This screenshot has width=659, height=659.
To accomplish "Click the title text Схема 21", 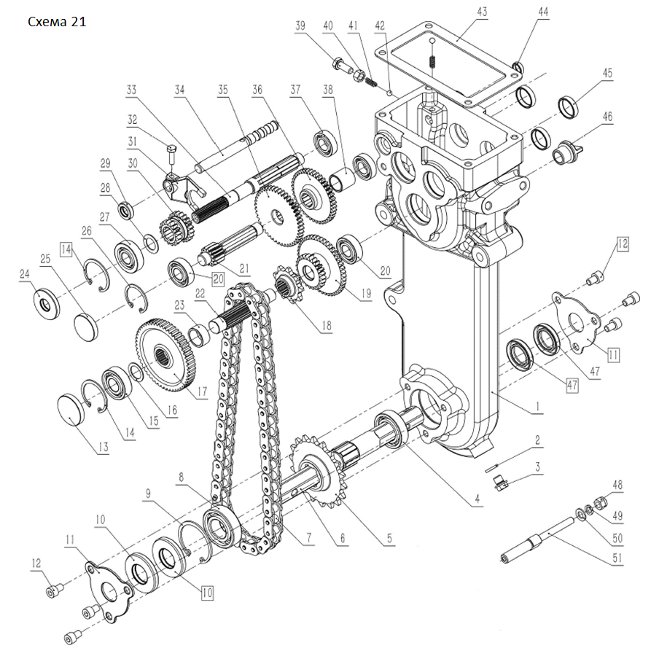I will click(x=57, y=22).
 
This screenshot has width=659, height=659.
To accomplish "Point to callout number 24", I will click(x=23, y=275).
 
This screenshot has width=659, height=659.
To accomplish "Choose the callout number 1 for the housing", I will click(x=536, y=410).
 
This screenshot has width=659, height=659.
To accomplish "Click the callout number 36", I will click(x=257, y=90).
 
